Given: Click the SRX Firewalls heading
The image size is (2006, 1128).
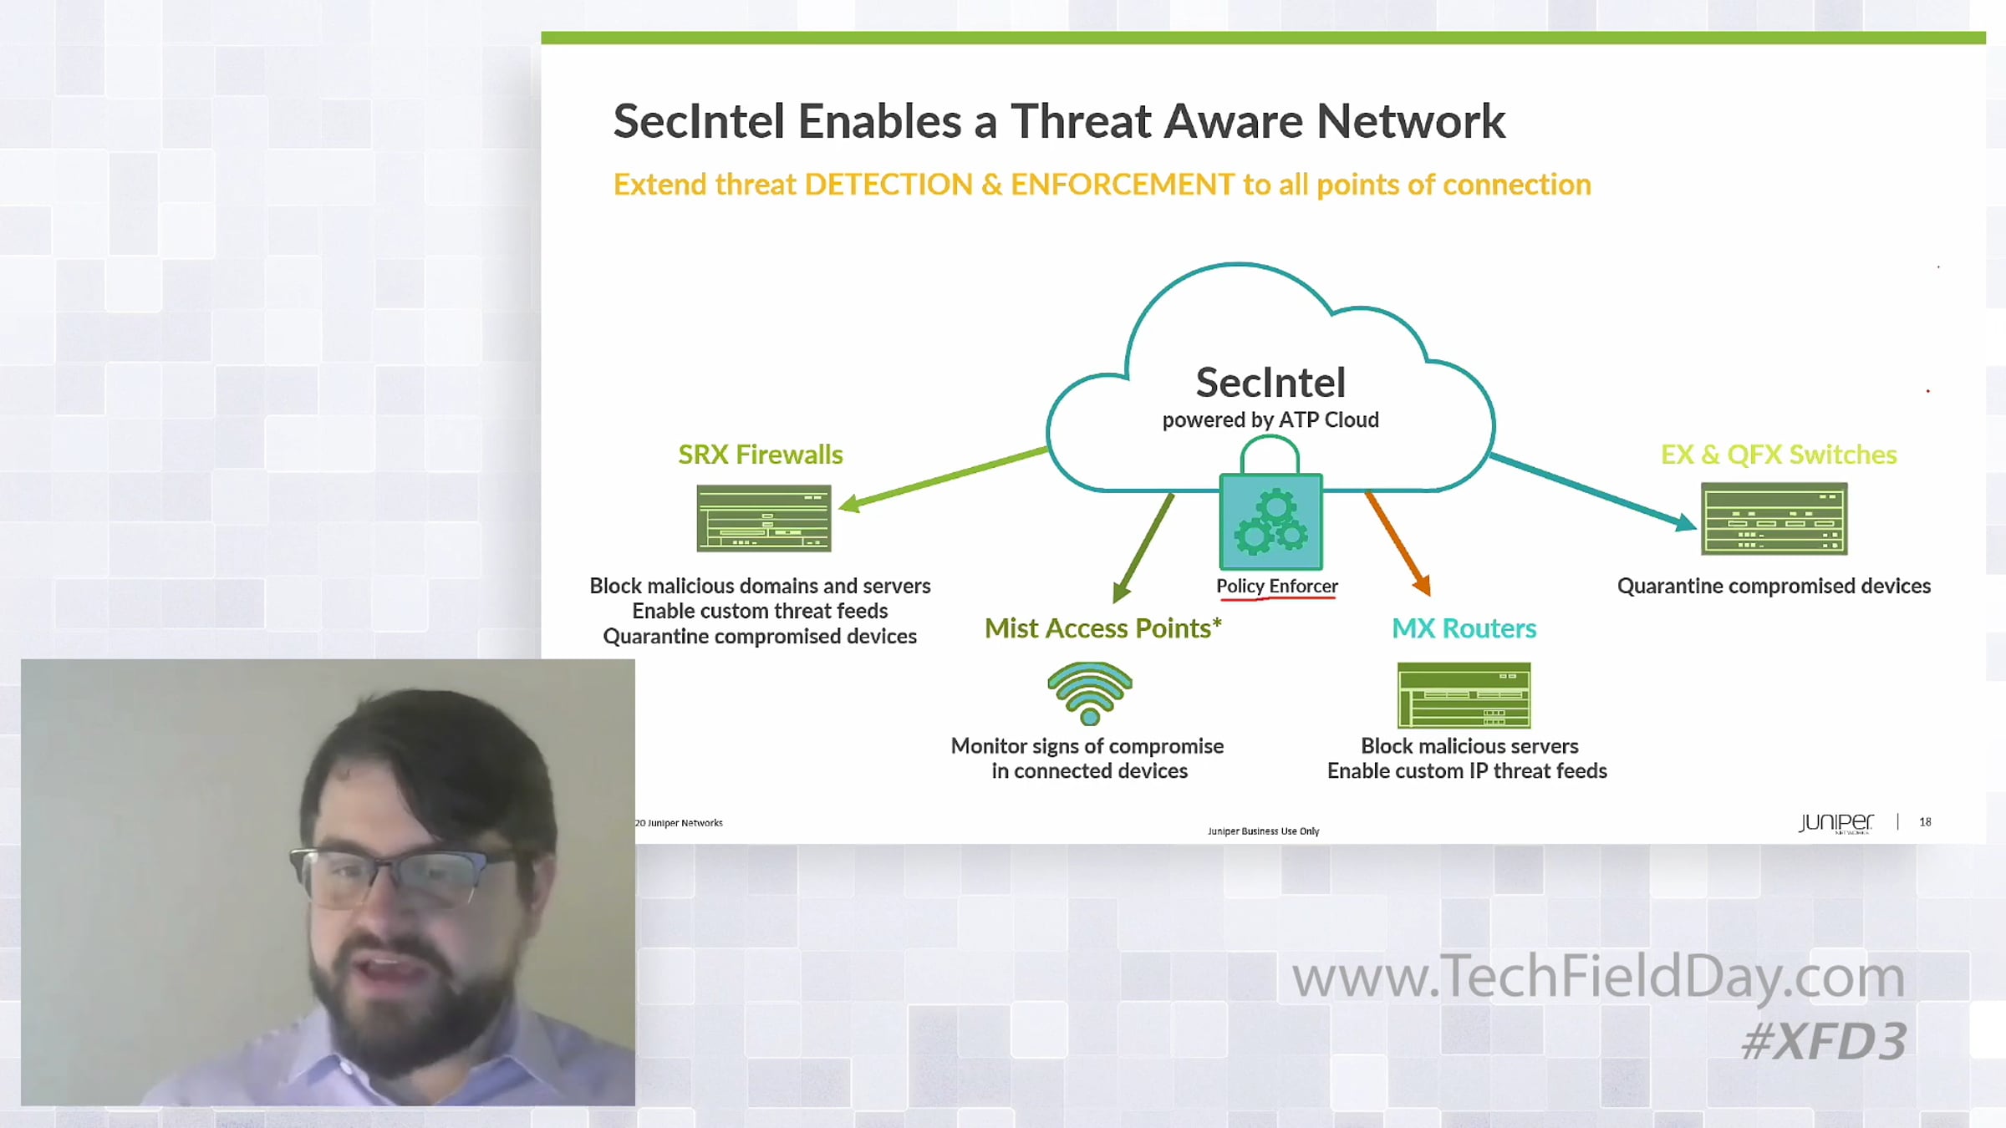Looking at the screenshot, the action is tap(761, 455).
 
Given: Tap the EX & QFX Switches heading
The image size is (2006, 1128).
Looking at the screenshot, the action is tap(1779, 455).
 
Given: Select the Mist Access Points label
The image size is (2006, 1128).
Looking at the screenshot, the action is tap(1103, 628).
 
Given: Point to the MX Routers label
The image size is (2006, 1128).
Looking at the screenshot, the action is tap(1464, 628).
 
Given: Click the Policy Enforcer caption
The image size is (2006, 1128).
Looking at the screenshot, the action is tap(1277, 586).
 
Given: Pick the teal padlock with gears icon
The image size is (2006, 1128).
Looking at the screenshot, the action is tap(1270, 504).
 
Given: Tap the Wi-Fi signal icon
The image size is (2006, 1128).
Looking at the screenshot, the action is tap(1090, 694).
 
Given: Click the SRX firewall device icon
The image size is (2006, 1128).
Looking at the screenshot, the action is tap(764, 518).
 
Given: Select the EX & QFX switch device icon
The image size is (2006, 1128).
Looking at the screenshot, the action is tap(1774, 519).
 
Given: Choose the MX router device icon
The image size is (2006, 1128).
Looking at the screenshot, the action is tap(1464, 695).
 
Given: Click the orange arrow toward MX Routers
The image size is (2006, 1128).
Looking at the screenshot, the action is tap(1398, 544).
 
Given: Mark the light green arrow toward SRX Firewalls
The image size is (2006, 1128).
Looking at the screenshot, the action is tap(943, 479).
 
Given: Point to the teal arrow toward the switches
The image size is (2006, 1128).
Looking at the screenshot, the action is tap(1593, 492).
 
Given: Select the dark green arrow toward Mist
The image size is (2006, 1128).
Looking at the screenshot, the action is tap(1143, 548).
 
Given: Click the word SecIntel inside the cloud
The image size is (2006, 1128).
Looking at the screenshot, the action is tap(1270, 383).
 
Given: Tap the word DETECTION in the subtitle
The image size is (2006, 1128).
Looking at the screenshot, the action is tap(893, 185).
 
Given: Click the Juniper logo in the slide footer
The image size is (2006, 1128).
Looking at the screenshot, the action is tap(1836, 823).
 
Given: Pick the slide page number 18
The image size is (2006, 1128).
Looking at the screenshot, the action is tap(1925, 822).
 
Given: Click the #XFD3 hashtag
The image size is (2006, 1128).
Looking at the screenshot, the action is tap(1824, 1042).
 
